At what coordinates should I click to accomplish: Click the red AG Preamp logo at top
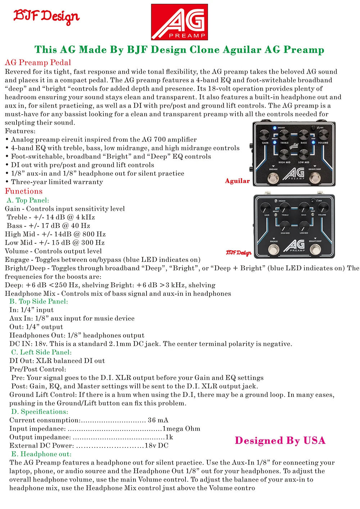coord(179,22)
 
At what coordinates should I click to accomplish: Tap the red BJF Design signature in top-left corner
coord(46,16)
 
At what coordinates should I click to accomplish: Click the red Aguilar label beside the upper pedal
coord(237,181)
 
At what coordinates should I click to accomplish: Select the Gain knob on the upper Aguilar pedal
coord(265,135)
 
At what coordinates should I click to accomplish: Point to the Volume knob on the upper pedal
coord(323,135)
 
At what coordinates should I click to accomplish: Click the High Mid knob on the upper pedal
coord(284,154)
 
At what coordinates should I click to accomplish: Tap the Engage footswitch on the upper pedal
coord(273,177)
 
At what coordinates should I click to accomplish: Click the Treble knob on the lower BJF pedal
coord(285,208)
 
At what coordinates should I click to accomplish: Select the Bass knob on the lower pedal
coord(304,208)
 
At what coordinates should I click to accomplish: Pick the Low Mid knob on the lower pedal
coord(304,226)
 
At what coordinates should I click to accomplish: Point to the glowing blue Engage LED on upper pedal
coord(274,128)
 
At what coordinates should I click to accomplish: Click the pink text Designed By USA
coord(280,441)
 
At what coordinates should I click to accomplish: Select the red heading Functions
coord(24,191)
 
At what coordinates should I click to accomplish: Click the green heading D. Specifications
coord(40,412)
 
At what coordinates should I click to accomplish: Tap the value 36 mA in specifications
coord(158,420)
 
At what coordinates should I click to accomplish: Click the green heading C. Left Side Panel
coord(41,352)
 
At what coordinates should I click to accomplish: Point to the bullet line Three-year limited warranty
coord(57,182)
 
